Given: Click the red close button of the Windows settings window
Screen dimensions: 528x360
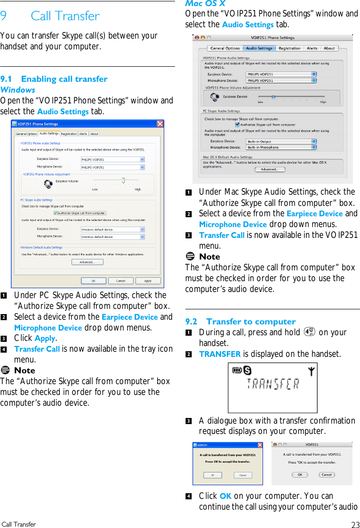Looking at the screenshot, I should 160,124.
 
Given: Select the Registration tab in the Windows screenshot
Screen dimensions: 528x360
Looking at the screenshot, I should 69,134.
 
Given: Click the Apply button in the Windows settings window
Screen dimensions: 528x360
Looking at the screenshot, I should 148,281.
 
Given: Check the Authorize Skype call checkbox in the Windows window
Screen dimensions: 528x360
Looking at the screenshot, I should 56,213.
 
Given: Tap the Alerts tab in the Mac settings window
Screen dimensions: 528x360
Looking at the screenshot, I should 312,48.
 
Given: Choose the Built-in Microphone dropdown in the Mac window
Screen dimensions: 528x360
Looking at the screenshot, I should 281,148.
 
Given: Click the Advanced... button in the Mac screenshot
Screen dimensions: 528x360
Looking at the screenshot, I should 269,169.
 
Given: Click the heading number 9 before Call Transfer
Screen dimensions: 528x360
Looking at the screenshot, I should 4,16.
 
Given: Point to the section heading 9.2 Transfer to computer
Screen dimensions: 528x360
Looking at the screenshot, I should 240,322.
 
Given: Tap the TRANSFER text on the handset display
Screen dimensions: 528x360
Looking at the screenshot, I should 273,385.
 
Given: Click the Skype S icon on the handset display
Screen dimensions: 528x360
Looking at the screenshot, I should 247,371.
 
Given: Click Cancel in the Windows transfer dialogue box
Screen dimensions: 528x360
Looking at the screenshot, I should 243,475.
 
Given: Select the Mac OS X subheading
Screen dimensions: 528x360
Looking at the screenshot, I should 205,4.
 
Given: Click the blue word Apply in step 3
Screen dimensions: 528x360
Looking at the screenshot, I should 45,339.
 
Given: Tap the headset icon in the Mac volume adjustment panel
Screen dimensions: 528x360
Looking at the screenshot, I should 215,97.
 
